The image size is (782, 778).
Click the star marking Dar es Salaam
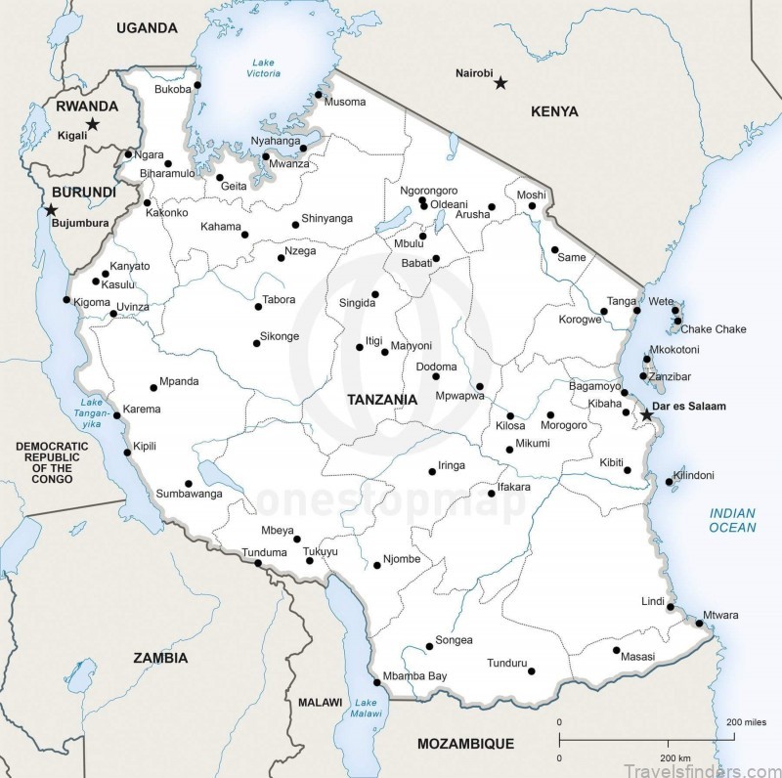(x=646, y=415)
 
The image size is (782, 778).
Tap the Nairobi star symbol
(x=500, y=83)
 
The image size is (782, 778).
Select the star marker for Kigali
(x=92, y=124)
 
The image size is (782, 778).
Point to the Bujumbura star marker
(x=51, y=210)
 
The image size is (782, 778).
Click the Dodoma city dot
(x=436, y=376)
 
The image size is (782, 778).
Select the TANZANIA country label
(x=382, y=400)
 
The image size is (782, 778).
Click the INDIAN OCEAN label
(x=732, y=520)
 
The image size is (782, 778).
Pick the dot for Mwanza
(x=265, y=156)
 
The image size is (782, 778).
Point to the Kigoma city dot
(x=66, y=300)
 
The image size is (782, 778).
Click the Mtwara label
(x=720, y=615)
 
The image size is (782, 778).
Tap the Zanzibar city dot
(x=643, y=376)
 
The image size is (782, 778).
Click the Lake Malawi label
(x=366, y=709)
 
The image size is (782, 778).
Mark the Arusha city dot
(x=492, y=207)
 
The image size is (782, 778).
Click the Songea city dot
(x=428, y=646)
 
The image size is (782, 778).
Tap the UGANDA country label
(x=147, y=28)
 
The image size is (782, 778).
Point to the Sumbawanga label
(x=189, y=494)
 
